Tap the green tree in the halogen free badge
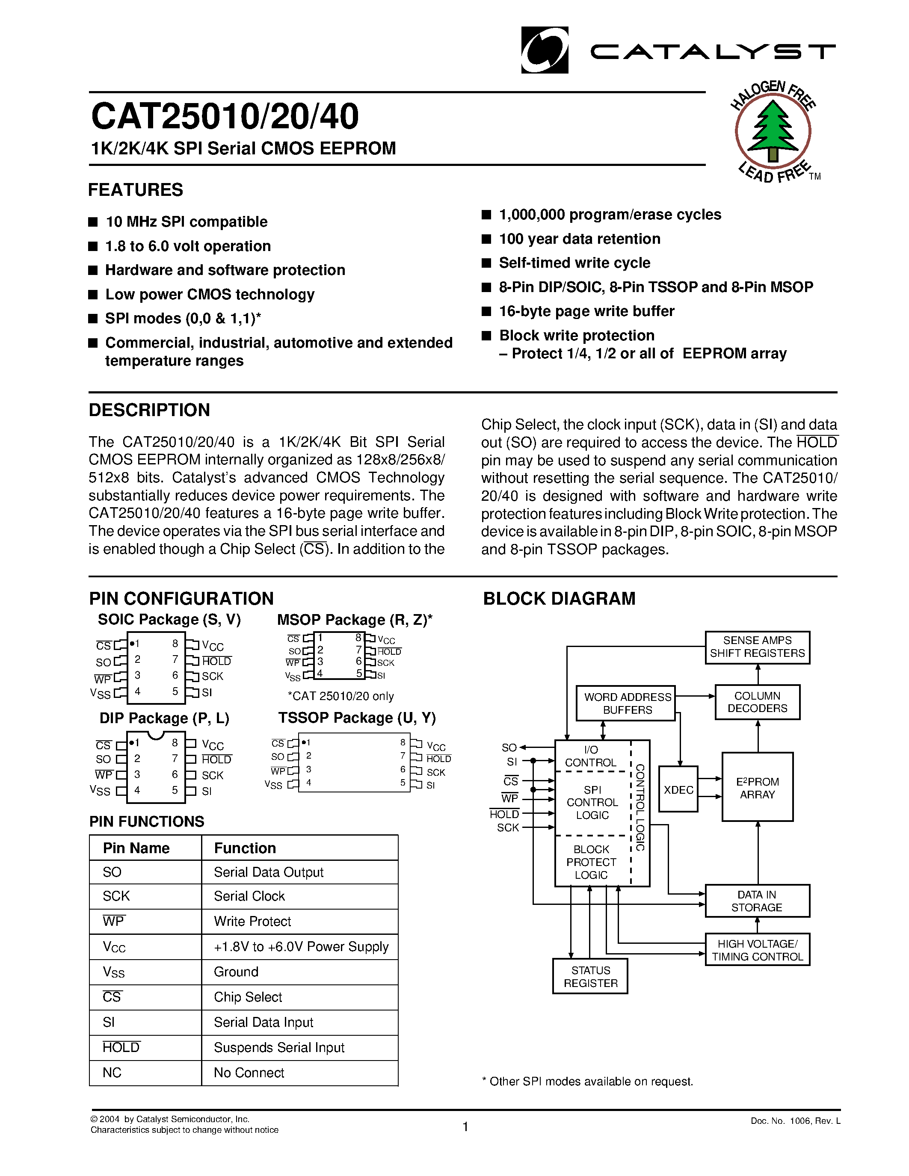pyautogui.click(x=773, y=129)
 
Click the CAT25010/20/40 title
pyautogui.click(x=225, y=117)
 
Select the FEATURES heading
pyautogui.click(x=136, y=190)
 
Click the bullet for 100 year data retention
pyautogui.click(x=486, y=239)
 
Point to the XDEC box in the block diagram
pyautogui.click(x=678, y=789)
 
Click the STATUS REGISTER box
pyautogui.click(x=590, y=976)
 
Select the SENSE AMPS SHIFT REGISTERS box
pyautogui.click(x=757, y=647)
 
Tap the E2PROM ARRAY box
pyautogui.click(x=757, y=787)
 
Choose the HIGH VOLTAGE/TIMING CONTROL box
pyautogui.click(x=757, y=950)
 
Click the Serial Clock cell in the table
pyautogui.click(x=249, y=896)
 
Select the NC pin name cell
pyautogui.click(x=112, y=1073)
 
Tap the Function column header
pyautogui.click(x=245, y=848)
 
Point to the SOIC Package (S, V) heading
pyautogui.click(x=169, y=620)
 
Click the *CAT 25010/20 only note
pyautogui.click(x=341, y=696)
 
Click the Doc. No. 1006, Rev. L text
pyautogui.click(x=795, y=1121)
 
